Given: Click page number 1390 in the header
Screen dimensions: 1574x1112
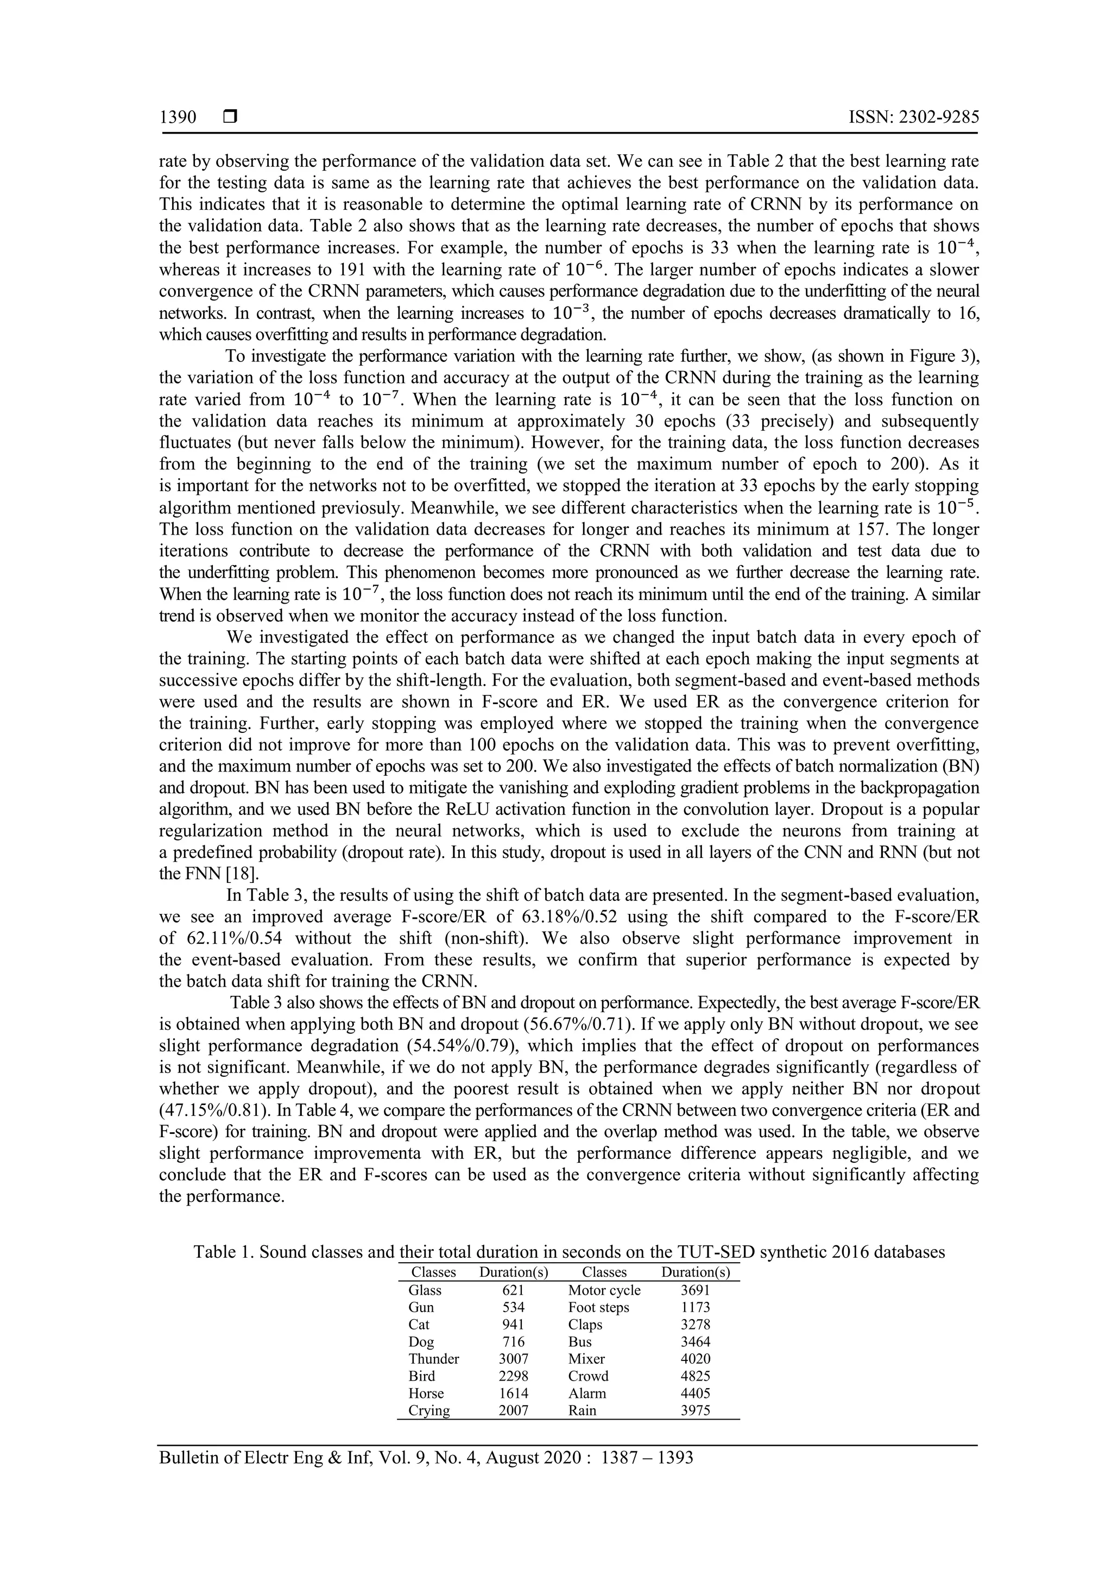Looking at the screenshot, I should pos(178,117).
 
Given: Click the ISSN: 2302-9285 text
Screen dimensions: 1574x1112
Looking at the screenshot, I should pos(913,117).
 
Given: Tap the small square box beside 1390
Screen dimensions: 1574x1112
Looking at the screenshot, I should pos(230,117).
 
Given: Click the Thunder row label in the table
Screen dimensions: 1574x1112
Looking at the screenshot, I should pos(434,1359).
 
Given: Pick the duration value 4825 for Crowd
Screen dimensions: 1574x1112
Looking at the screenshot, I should pos(696,1376).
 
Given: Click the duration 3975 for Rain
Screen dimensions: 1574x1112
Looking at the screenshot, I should pos(696,1410).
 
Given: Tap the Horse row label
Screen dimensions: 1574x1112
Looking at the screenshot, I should pos(426,1393).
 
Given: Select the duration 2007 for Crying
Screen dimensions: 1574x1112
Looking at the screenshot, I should pos(513,1410).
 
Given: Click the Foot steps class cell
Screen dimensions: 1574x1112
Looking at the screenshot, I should pos(598,1307).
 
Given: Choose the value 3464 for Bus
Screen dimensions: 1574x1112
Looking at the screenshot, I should pos(696,1341).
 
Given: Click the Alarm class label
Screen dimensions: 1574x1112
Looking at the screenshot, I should pos(587,1393).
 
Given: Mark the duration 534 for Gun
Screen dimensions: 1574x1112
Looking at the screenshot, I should pos(513,1307).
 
